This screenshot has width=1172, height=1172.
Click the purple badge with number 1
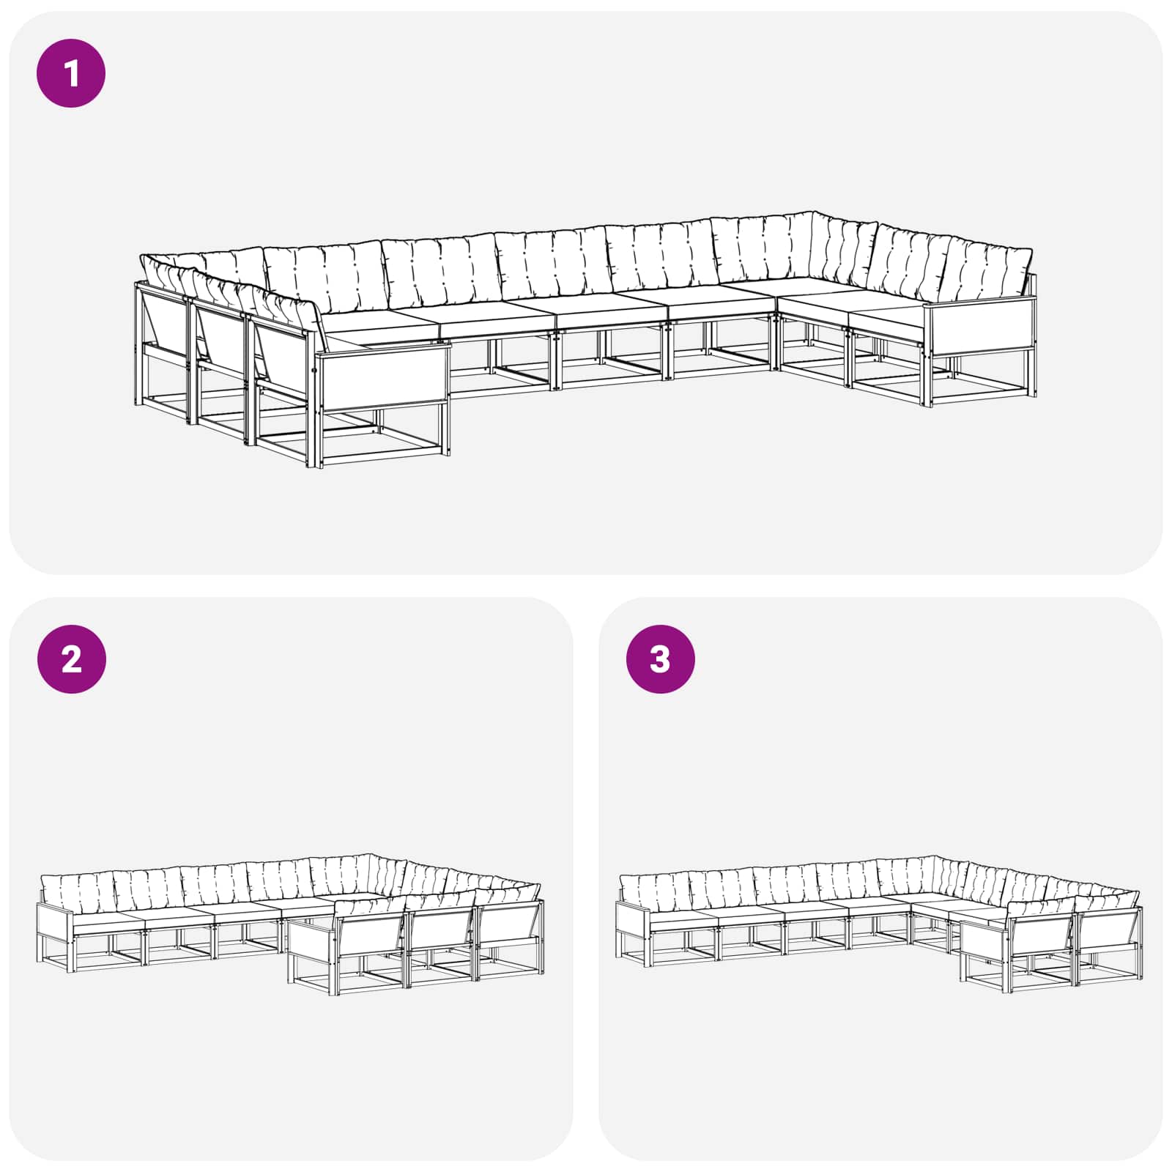71,73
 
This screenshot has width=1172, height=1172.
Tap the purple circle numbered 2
71,659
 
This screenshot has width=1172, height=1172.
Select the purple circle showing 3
660,659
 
